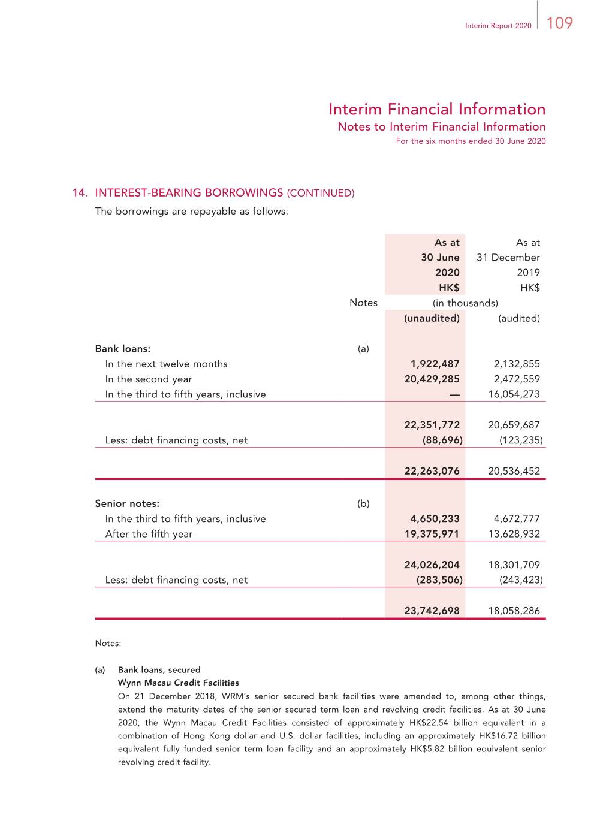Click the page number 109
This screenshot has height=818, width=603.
pyautogui.click(x=560, y=23)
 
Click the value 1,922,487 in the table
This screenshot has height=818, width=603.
pyautogui.click(x=435, y=364)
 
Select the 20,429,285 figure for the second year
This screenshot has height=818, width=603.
pyautogui.click(x=432, y=379)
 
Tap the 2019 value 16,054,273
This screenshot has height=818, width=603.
pyautogui.click(x=514, y=394)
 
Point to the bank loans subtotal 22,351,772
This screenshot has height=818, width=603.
pyautogui.click(x=432, y=425)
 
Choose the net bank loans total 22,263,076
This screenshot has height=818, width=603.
pyautogui.click(x=432, y=471)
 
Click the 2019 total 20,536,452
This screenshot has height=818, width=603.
pyautogui.click(x=514, y=471)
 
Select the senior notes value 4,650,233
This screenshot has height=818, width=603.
pyautogui.click(x=435, y=519)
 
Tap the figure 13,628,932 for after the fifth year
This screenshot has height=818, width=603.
pyautogui.click(x=514, y=534)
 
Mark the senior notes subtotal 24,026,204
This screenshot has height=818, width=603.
pyautogui.click(x=432, y=565)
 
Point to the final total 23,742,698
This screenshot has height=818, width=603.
pyautogui.click(x=432, y=611)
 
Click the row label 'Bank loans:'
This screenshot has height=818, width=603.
pyautogui.click(x=123, y=349)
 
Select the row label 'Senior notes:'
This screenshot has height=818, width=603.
pyautogui.click(x=127, y=504)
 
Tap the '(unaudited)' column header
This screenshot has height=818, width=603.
pyautogui.click(x=432, y=318)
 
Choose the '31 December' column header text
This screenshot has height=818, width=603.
pyautogui.click(x=508, y=258)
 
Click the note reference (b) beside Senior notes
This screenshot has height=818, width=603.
pyautogui.click(x=363, y=504)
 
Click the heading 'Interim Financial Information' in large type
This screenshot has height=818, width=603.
pyautogui.click(x=437, y=110)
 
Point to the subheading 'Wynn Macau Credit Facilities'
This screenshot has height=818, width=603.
pyautogui.click(x=178, y=683)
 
